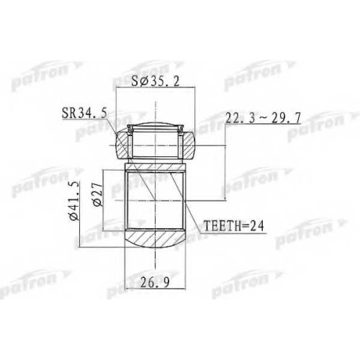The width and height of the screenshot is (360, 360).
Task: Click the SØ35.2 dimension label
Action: [156, 82]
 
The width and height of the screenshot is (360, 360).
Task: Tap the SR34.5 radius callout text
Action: [84, 113]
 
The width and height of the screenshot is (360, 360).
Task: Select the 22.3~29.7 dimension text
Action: [264, 118]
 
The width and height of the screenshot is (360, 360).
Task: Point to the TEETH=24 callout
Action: [233, 225]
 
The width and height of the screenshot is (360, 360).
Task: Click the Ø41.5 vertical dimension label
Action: [74, 201]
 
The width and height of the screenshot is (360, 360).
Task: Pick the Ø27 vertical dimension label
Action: [97, 194]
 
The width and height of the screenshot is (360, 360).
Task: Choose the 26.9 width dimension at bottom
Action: [155, 283]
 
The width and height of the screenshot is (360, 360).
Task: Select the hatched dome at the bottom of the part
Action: [156, 238]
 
